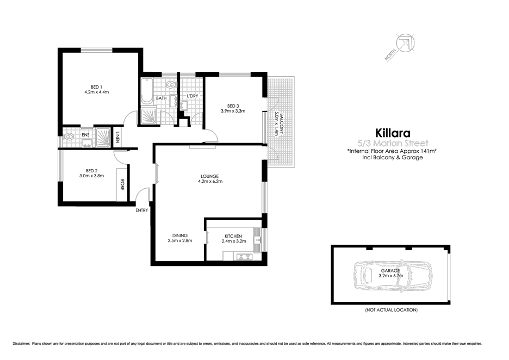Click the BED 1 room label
click(x=96, y=85)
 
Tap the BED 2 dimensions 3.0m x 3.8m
click(x=91, y=176)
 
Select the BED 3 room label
click(x=233, y=105)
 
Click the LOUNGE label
click(x=209, y=176)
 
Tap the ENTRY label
click(x=141, y=210)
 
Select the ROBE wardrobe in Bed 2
click(x=122, y=185)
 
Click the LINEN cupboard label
click(x=117, y=137)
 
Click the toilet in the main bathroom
click(x=170, y=85)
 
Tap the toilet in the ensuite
click(x=68, y=138)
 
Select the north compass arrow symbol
click(x=404, y=44)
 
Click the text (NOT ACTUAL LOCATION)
click(x=391, y=309)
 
